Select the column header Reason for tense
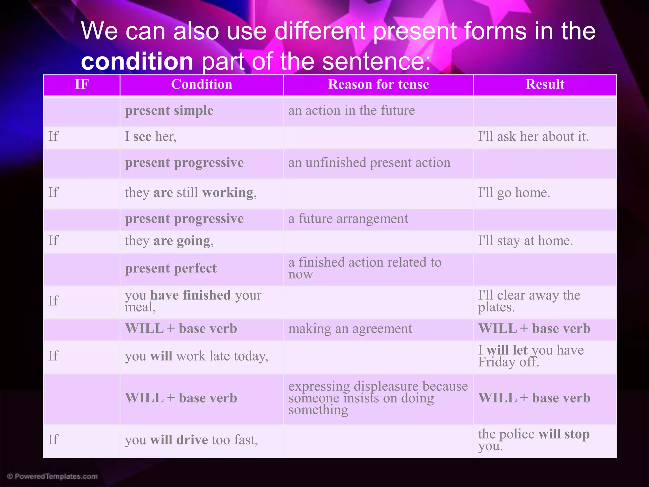pos(378,85)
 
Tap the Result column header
pos(545,85)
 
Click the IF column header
pos(81,85)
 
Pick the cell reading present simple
pos(169,111)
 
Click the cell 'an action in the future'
pos(351,111)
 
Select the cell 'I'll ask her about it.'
pos(533,137)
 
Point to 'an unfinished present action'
pos(369,163)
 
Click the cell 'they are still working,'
pos(190,193)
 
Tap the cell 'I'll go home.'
pos(514,193)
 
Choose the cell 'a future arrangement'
pos(348,219)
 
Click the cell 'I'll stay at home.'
pos(525,241)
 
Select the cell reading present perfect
pos(171,269)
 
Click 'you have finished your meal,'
pos(193,301)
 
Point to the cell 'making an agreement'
pos(350,329)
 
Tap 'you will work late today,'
pos(196,356)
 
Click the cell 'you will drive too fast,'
pos(191,440)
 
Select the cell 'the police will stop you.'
pos(533,439)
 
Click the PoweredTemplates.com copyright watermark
pos(52,476)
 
